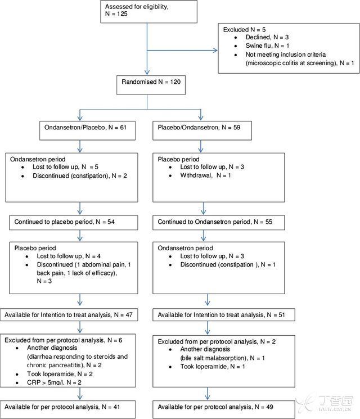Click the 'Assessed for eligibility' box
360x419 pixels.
pos(149,11)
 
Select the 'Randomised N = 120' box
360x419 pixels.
pos(151,85)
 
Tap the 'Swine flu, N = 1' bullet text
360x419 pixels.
pos(267,46)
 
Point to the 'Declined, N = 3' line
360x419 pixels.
pos(267,37)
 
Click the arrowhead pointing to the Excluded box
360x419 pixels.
pos(215,50)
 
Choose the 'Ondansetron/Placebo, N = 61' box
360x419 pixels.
pos(87,130)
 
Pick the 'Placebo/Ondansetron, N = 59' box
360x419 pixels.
pos(202,130)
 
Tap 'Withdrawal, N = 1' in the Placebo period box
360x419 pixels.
pos(205,175)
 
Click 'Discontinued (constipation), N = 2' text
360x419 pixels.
pos(80,176)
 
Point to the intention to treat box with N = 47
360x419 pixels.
pos(69,315)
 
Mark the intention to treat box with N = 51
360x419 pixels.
pos(224,315)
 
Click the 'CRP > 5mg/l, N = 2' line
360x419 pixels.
pos(54,382)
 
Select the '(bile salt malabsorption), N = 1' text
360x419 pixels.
pos(222,358)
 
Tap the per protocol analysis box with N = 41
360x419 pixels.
pos(68,409)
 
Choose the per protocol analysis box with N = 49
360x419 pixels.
pos(224,409)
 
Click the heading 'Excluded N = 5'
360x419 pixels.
pos(244,30)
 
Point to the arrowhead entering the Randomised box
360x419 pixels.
pos(147,72)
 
